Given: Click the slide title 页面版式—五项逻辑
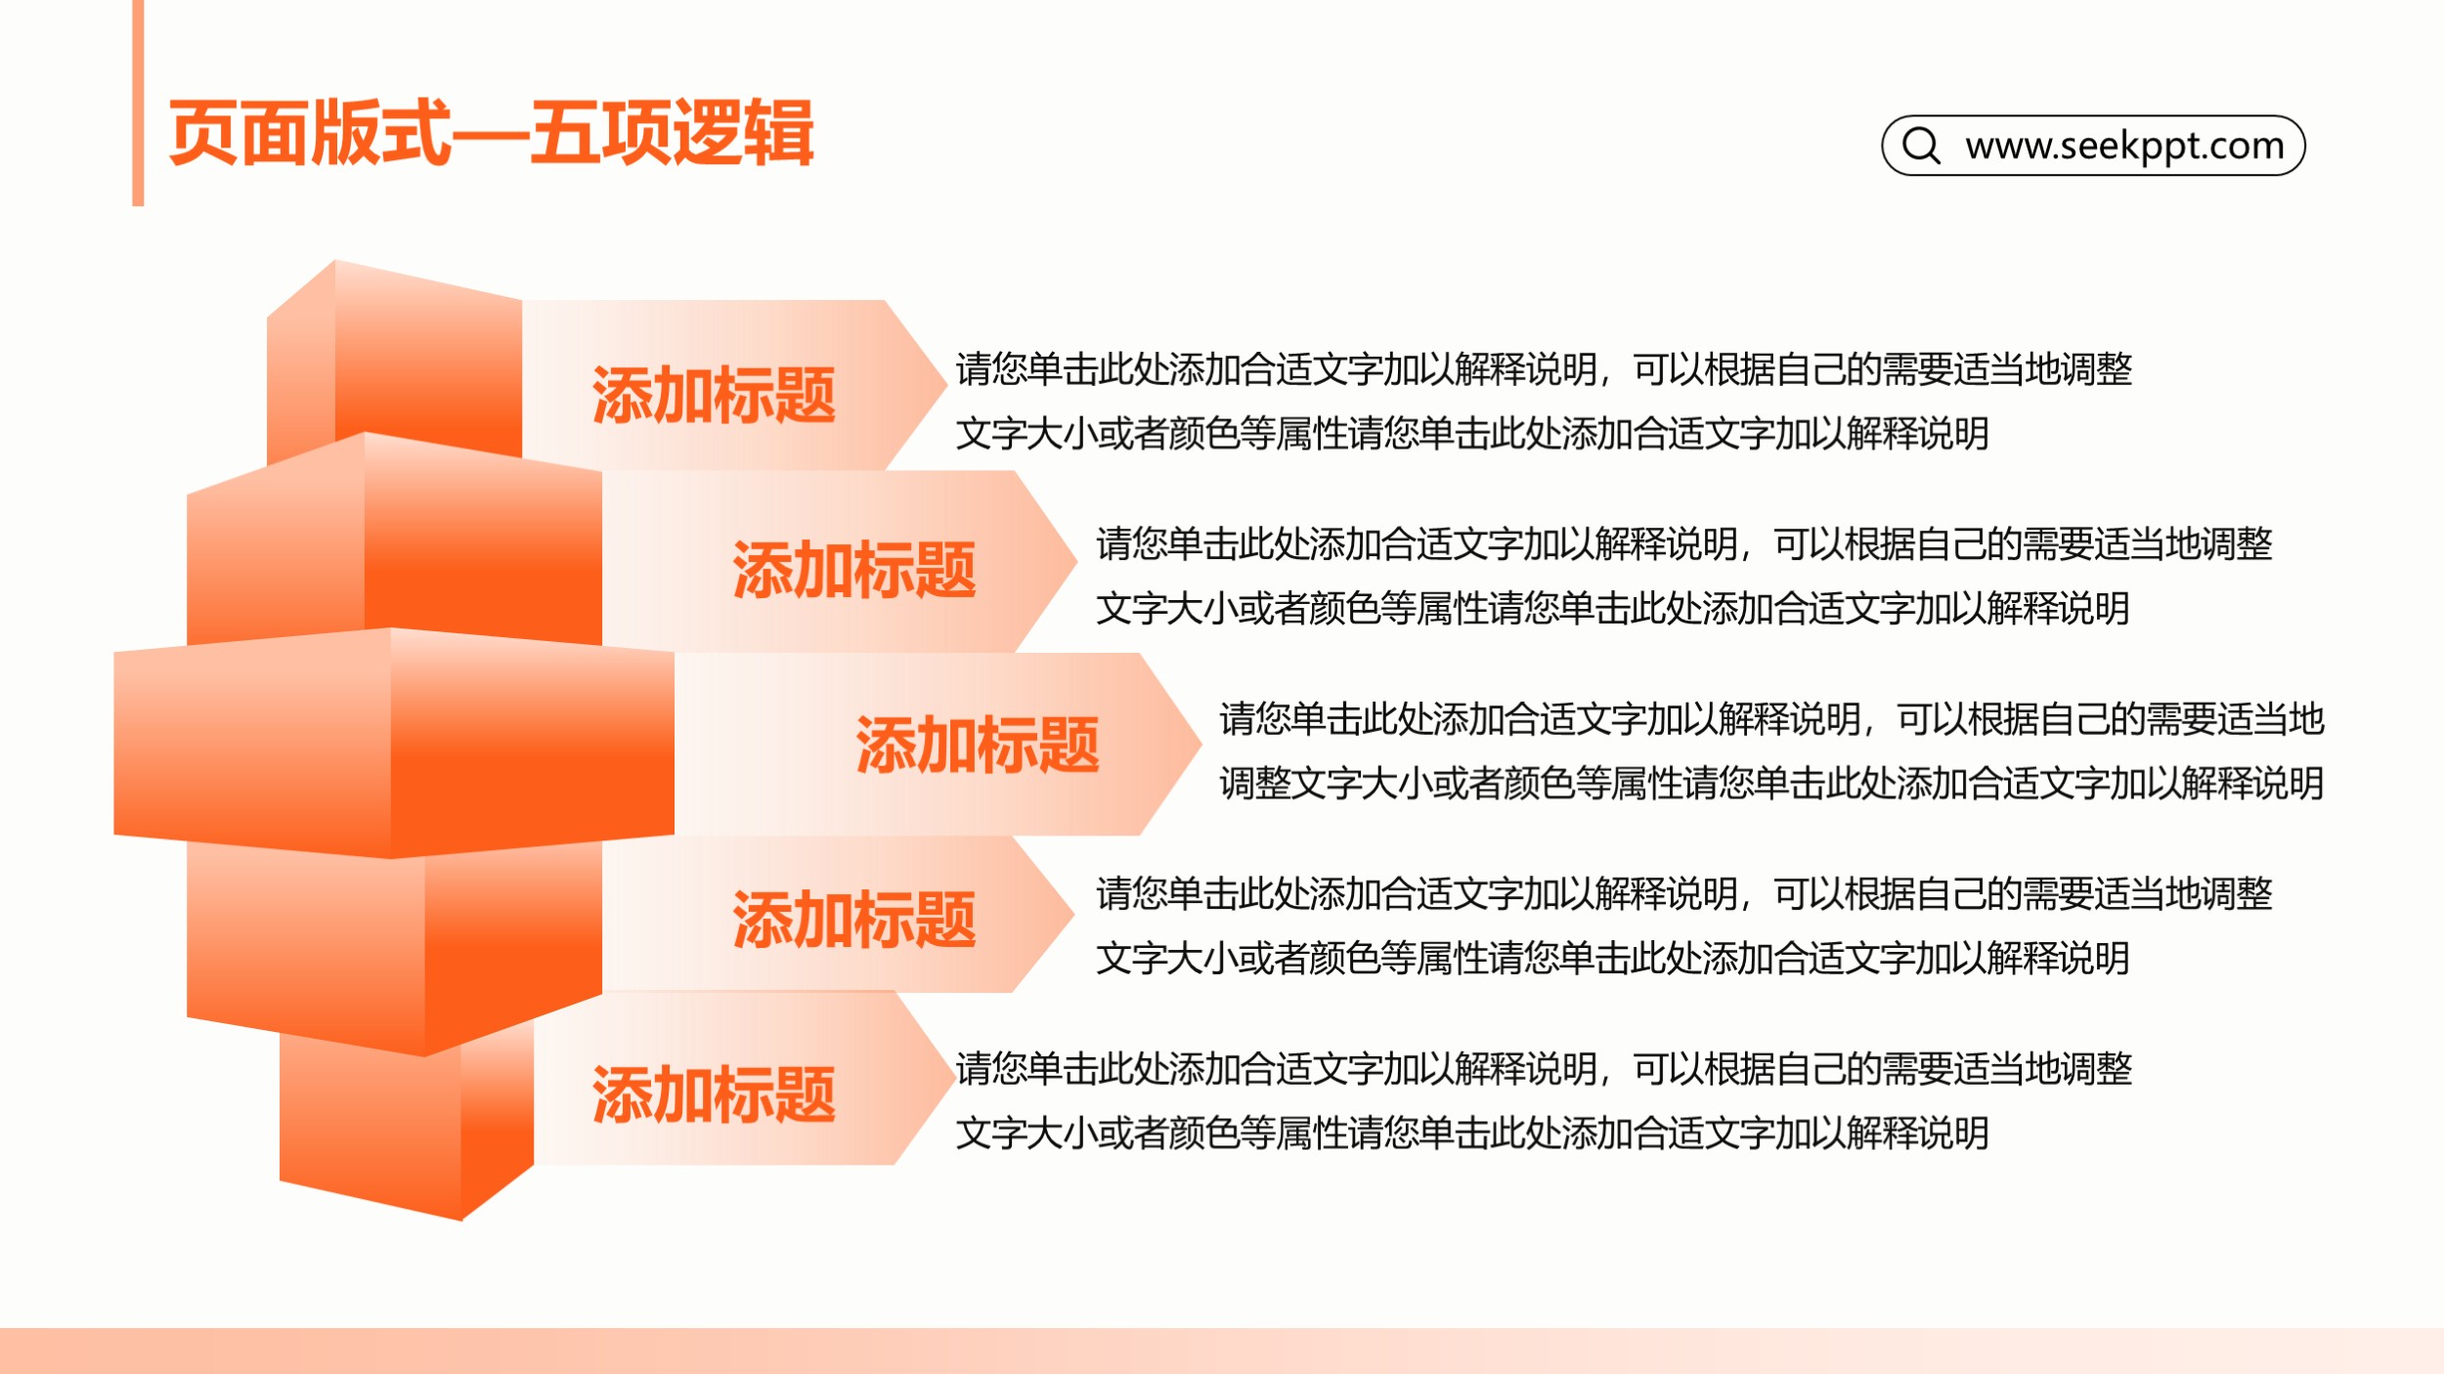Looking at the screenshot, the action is click(x=491, y=133).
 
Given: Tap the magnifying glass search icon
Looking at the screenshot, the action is click(x=1921, y=146).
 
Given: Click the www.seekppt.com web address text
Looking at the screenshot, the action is click(x=2124, y=146).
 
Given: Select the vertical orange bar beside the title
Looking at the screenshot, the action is click(x=138, y=103).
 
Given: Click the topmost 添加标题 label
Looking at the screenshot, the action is click(x=714, y=395).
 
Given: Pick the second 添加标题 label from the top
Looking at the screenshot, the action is click(x=854, y=570).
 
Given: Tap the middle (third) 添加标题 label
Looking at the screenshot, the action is click(x=978, y=745).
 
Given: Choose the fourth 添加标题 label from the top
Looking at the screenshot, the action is click(x=854, y=920).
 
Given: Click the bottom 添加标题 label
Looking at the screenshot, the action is click(x=714, y=1095).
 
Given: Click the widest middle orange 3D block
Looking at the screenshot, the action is click(x=394, y=743).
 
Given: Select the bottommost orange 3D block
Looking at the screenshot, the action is click(x=406, y=1124).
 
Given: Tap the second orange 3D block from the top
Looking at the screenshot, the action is click(x=394, y=542).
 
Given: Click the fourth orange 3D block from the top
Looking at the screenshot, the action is click(x=394, y=943).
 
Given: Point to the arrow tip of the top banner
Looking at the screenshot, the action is click(x=945, y=385).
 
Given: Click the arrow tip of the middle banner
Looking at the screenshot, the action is click(x=1200, y=744).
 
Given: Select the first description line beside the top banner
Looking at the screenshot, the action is click(x=1544, y=369).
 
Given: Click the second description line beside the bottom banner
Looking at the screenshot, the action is click(x=1472, y=1133).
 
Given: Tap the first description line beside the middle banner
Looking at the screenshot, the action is click(x=1771, y=719).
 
